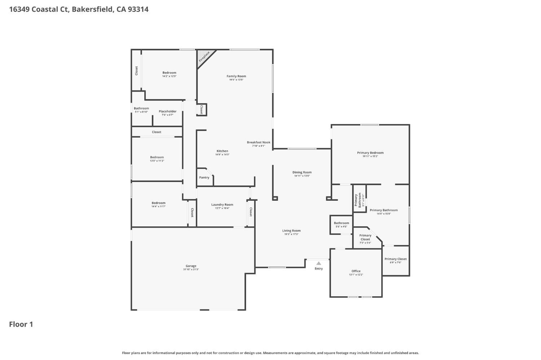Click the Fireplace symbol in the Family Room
tap(204, 57)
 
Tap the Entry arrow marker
tap(318, 263)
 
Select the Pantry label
tap(204, 177)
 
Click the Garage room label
tap(191, 266)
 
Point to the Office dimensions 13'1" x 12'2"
tap(356, 275)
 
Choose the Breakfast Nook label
tap(258, 142)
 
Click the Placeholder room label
tap(167, 111)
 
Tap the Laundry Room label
tap(222, 205)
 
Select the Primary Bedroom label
tap(370, 153)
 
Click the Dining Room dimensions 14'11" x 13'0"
tap(302, 176)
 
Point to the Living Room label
tap(291, 231)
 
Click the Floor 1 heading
tap(21, 324)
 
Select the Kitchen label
tap(222, 151)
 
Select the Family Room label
tap(236, 76)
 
